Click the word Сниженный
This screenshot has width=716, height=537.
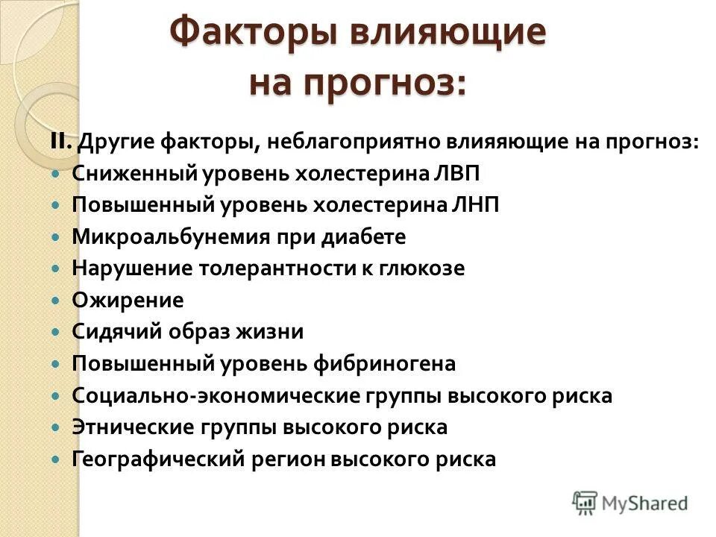(133, 174)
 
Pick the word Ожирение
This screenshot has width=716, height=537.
(128, 301)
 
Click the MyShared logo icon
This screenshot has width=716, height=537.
(585, 501)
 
